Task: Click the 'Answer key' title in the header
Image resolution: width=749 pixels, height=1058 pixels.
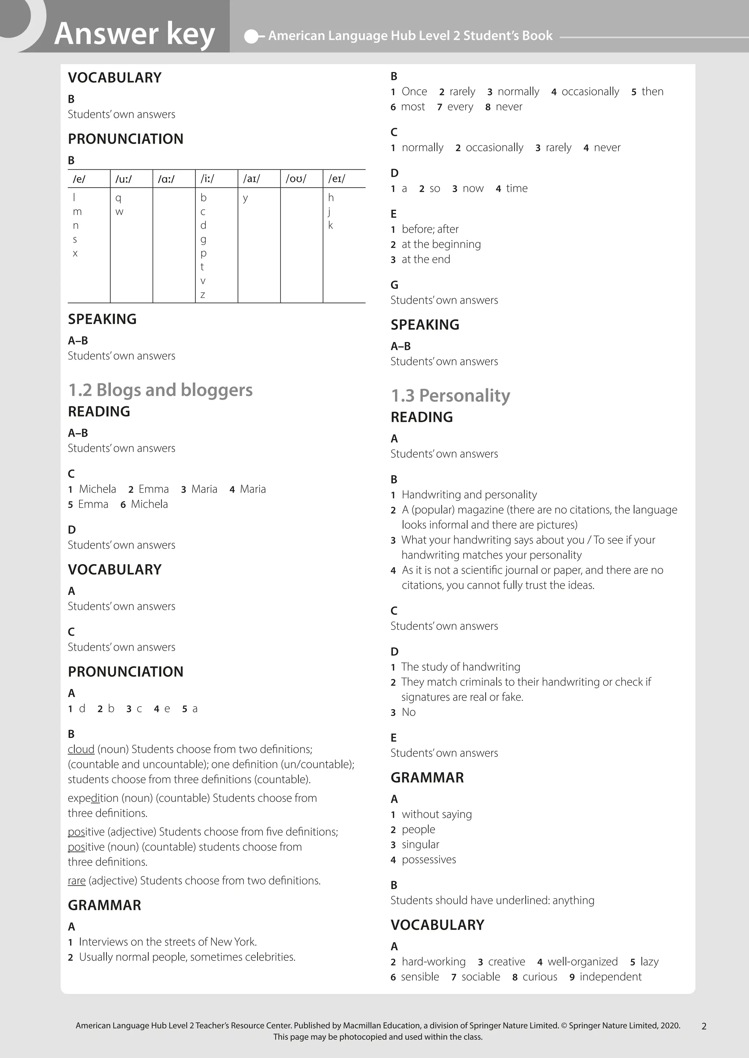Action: click(134, 33)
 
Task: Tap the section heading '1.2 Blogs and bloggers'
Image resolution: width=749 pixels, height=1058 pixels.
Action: click(160, 390)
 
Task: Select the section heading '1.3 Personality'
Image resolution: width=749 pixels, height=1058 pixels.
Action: click(450, 395)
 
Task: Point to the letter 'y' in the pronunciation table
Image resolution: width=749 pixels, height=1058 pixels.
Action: click(245, 198)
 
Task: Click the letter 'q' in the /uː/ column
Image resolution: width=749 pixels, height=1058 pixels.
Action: click(118, 198)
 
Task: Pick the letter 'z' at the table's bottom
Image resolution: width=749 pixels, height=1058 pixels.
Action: click(203, 294)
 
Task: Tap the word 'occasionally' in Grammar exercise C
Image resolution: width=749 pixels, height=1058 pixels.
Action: click(494, 148)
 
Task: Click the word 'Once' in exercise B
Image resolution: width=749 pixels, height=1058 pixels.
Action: click(414, 92)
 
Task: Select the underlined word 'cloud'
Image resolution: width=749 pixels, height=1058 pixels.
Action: click(81, 749)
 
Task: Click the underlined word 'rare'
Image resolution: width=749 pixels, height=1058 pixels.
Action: click(76, 880)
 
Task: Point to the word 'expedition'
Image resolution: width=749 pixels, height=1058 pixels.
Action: click(93, 798)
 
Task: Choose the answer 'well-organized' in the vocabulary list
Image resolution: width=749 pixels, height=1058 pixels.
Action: click(583, 962)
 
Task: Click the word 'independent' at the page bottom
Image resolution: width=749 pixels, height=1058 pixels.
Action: click(610, 977)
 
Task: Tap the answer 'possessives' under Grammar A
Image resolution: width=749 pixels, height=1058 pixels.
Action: click(429, 859)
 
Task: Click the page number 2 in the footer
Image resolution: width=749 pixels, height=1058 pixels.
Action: click(704, 1026)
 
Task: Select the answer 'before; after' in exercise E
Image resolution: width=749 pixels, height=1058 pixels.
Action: click(430, 229)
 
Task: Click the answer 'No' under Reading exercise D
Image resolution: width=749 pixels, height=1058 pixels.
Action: click(409, 712)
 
